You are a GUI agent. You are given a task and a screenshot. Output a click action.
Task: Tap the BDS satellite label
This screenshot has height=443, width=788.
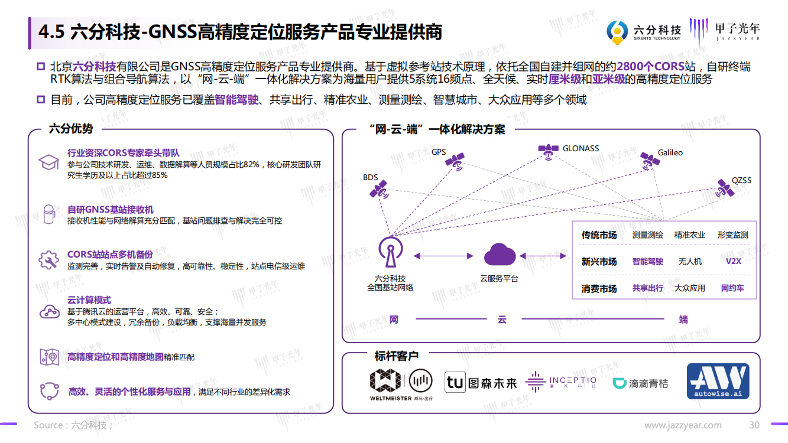(370, 177)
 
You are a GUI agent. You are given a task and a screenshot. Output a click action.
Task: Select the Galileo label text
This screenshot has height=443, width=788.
(670, 152)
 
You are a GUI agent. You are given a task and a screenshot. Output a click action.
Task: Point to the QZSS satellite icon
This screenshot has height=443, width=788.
(725, 188)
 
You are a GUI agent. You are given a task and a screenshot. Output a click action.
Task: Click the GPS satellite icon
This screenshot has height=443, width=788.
(455, 162)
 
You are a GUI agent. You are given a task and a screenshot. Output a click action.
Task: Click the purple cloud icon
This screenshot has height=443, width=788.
(500, 254)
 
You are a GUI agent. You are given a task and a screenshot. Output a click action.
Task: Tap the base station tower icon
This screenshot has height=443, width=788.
(391, 252)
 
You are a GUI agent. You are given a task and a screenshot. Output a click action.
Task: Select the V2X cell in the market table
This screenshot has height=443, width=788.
(734, 261)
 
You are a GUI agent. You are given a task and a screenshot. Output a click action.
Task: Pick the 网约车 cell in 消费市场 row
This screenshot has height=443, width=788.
(732, 288)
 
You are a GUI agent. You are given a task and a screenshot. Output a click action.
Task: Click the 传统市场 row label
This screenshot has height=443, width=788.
(599, 235)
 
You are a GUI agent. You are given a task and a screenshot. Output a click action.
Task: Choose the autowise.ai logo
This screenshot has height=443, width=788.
(718, 381)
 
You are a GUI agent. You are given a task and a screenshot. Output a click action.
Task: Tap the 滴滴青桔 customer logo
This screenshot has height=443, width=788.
(640, 383)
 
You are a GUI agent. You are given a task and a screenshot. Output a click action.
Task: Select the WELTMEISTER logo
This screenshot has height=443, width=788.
(401, 385)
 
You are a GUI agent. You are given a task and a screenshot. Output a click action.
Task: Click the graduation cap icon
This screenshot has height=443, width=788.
(48, 162)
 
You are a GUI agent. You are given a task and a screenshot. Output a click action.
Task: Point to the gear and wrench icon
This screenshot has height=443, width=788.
(48, 260)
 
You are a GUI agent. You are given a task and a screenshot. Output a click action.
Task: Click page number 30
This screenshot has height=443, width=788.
(754, 425)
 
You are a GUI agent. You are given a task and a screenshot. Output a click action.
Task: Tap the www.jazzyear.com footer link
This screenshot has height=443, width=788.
(683, 425)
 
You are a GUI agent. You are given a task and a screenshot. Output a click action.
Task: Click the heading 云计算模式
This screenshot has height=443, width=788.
(89, 300)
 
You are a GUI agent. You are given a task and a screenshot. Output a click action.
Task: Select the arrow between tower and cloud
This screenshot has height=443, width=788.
(443, 256)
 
